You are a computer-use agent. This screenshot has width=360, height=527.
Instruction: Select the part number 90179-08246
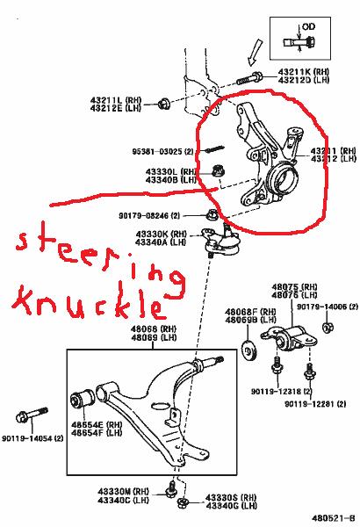pos(144,215)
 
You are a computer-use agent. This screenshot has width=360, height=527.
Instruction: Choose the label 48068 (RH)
pos(151,329)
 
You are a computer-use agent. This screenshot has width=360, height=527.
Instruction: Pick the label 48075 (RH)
pos(285,286)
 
